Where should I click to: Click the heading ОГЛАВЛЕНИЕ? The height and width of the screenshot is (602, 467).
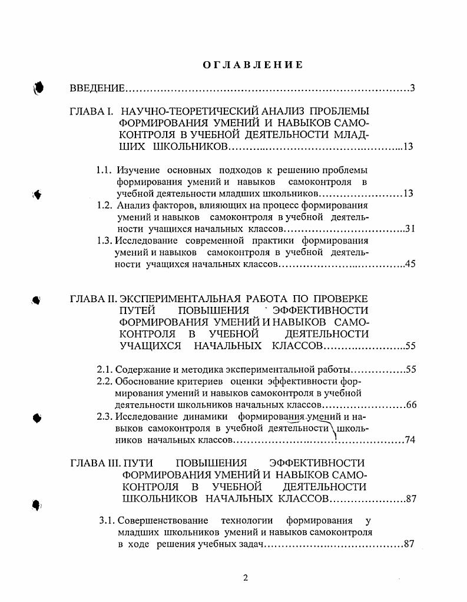(x=253, y=65)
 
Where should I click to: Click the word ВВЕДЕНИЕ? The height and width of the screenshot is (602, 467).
(x=97, y=89)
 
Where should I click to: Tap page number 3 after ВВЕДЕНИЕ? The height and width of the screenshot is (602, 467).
(x=413, y=89)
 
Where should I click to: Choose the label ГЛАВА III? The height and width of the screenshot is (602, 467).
(x=95, y=463)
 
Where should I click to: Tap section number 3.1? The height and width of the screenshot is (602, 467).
(x=107, y=520)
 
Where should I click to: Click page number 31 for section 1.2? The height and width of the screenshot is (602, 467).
(x=410, y=229)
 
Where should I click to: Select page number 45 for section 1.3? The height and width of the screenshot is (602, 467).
(x=410, y=264)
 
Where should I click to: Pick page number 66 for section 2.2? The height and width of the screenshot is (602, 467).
(x=411, y=405)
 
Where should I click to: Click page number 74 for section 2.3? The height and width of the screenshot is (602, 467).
(x=410, y=440)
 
